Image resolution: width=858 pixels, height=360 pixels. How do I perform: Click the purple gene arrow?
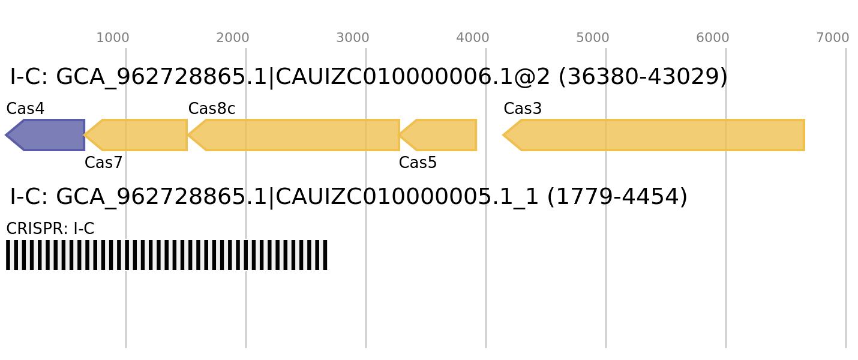click(48, 135)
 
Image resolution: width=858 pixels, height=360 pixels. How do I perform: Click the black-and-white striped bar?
click(167, 255)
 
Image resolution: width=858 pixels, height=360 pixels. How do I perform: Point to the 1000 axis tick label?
click(113, 38)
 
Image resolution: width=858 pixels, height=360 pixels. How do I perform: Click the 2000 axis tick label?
click(233, 38)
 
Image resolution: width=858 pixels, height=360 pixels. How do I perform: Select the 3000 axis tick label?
click(353, 38)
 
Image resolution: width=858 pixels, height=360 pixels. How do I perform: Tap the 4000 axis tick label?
click(473, 38)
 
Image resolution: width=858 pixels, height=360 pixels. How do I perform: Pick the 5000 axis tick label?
click(593, 38)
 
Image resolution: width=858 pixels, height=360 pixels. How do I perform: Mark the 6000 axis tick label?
click(713, 38)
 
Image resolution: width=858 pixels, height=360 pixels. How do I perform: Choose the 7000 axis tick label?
click(833, 38)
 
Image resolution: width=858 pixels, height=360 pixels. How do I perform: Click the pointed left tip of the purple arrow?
click(6, 135)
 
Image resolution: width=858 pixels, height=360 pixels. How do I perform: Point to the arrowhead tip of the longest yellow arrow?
click(503, 135)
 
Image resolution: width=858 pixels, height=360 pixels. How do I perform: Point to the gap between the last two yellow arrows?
click(490, 135)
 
